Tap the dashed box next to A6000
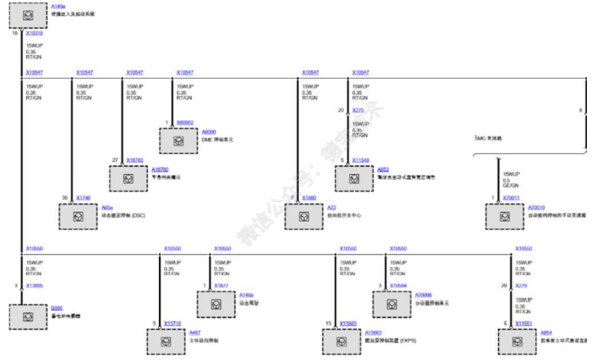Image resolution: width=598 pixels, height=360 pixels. [177, 140]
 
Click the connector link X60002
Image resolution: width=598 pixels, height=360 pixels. [185, 122]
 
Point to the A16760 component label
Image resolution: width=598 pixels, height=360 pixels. [160, 168]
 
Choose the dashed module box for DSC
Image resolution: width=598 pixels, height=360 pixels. [77, 215]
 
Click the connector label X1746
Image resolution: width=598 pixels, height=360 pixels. [83, 196]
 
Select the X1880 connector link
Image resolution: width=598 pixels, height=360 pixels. [309, 196]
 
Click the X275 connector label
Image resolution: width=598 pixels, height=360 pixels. [357, 110]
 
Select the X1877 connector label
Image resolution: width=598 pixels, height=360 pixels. [221, 284]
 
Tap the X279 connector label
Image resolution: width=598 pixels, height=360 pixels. [522, 285]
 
